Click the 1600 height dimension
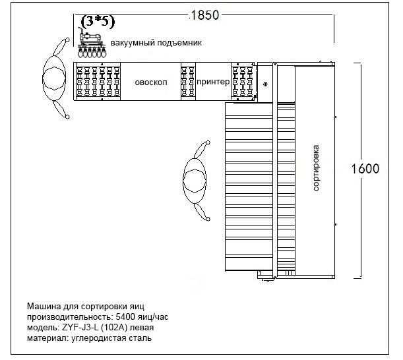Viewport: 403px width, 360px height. pos(365,168)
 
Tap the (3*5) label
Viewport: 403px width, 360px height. pos(97,22)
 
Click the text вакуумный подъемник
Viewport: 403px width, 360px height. pos(156,43)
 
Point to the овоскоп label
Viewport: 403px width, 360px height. pos(150,83)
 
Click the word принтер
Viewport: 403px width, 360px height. pos(212,82)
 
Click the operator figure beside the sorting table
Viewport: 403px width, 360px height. pos(196,179)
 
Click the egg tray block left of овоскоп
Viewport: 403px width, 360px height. pos(98,81)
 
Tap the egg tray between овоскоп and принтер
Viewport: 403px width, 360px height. pos(188,81)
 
